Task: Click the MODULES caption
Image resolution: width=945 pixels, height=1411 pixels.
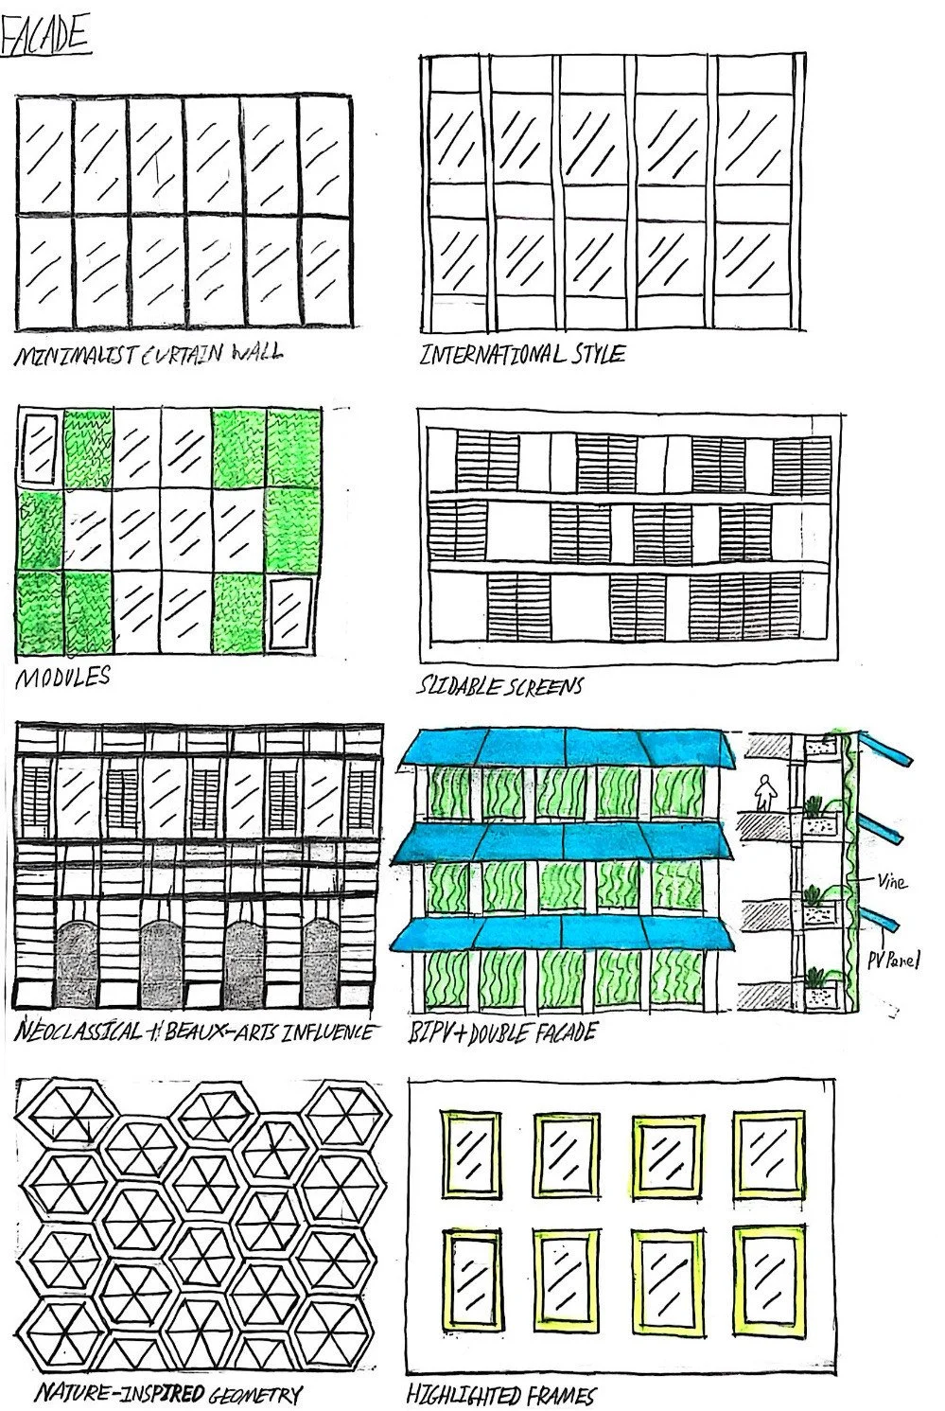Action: coord(61,678)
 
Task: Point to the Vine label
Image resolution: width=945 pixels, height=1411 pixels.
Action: coord(890,882)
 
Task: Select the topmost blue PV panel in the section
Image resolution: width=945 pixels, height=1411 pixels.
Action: coord(889,750)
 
